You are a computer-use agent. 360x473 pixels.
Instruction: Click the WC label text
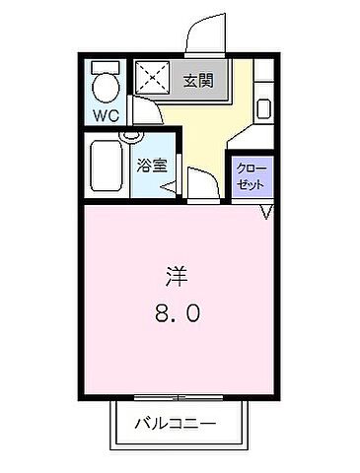click(107, 115)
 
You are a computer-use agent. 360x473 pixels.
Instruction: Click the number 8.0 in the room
click(178, 315)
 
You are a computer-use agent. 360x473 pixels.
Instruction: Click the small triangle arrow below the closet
click(266, 214)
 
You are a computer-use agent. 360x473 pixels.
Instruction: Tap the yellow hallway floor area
click(202, 128)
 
